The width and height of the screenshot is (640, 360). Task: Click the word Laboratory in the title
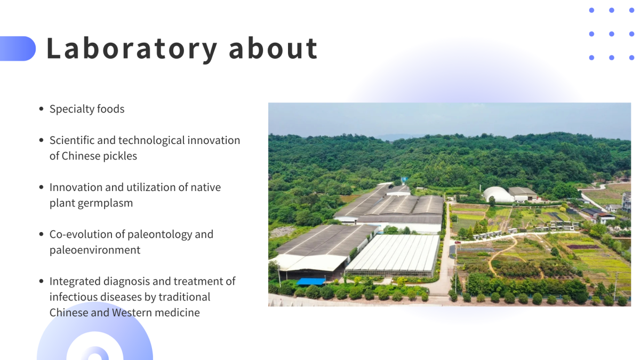tap(131, 49)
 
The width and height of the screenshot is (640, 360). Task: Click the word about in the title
tap(274, 48)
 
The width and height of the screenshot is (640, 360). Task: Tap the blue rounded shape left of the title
tap(18, 49)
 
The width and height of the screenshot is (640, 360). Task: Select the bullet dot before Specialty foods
tap(42, 109)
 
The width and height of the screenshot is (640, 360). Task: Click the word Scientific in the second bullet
tap(72, 140)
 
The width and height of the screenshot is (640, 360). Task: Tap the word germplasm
tap(105, 203)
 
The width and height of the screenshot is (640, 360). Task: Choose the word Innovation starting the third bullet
tap(76, 187)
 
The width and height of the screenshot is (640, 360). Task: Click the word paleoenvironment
tap(95, 250)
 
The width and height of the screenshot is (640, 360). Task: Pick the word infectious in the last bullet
tap(73, 297)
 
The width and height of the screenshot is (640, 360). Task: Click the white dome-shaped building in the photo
tap(498, 195)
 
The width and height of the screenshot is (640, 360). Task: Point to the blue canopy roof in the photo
tap(311, 282)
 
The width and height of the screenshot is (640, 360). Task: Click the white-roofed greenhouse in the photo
tap(394, 254)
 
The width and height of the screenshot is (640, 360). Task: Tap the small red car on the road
tap(458, 242)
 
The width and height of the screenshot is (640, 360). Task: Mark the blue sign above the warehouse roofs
tap(404, 180)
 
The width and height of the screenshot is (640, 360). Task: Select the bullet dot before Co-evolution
tap(42, 234)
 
